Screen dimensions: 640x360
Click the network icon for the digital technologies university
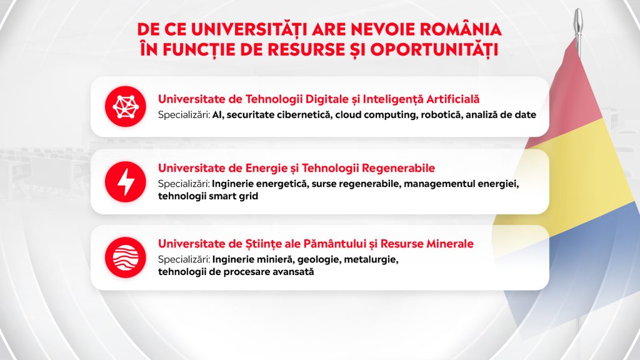point(125,106)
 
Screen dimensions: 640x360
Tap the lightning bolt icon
point(125,182)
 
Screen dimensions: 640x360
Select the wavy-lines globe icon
point(125,257)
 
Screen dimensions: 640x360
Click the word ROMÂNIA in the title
point(461,29)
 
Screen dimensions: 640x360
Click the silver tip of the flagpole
point(578,22)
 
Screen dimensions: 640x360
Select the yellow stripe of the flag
point(579,171)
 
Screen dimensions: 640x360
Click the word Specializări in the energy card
point(184,184)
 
